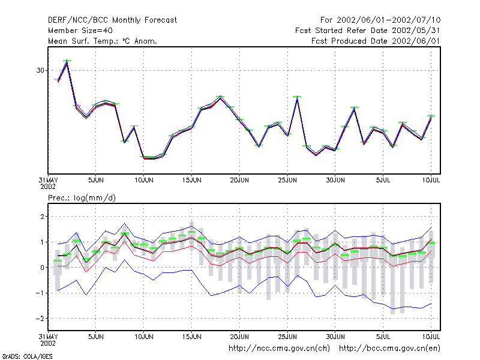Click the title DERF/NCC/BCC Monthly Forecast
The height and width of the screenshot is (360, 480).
coord(112,20)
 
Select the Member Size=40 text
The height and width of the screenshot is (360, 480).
coord(80,31)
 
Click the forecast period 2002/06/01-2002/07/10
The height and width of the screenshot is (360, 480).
coord(388,20)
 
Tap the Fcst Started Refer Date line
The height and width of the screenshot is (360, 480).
coord(367,31)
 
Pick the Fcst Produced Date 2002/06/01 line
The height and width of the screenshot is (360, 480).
coord(376,41)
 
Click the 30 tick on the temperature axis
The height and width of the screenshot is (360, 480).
coord(40,70)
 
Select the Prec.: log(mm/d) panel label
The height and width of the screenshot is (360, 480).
coord(82,198)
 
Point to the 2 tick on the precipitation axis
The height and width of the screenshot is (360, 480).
coord(42,217)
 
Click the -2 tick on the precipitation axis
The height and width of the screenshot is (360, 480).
coord(40,319)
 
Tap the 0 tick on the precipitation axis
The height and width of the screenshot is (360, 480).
coord(42,268)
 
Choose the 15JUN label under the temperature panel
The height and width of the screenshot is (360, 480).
coord(191,180)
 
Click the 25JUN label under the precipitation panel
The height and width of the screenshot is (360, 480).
coord(287,337)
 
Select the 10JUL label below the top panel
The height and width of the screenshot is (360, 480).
coord(431,180)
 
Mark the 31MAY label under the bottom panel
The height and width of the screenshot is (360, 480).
coord(48,337)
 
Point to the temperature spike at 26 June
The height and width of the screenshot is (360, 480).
coord(297,98)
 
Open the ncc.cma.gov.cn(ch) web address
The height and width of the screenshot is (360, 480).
coord(279,349)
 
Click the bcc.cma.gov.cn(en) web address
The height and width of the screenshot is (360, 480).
coord(389,349)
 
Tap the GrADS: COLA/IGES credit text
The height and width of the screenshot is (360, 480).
coord(27,356)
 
